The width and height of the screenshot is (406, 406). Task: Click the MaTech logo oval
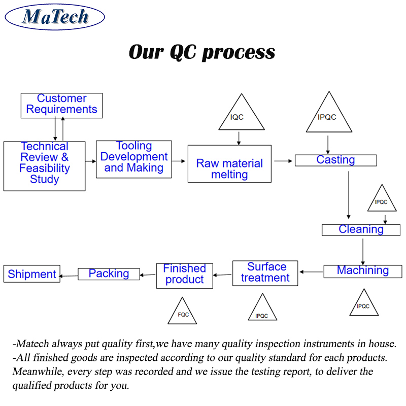[x=55, y=18]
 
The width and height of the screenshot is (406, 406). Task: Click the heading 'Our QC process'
[x=202, y=52]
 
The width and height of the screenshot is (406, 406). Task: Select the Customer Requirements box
[x=62, y=105]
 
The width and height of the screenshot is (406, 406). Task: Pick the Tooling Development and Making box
[x=134, y=159]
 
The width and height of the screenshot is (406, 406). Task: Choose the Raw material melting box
[x=229, y=163]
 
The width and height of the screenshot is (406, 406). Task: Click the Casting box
[x=335, y=160]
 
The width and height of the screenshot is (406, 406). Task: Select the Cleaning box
[x=361, y=229]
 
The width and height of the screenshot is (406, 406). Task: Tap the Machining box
[x=363, y=271]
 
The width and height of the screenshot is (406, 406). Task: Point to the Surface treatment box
[x=265, y=273]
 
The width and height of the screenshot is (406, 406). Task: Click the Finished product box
[x=184, y=275]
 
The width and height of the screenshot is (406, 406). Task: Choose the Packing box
[x=109, y=274]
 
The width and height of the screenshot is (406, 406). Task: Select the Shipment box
[x=32, y=275]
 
